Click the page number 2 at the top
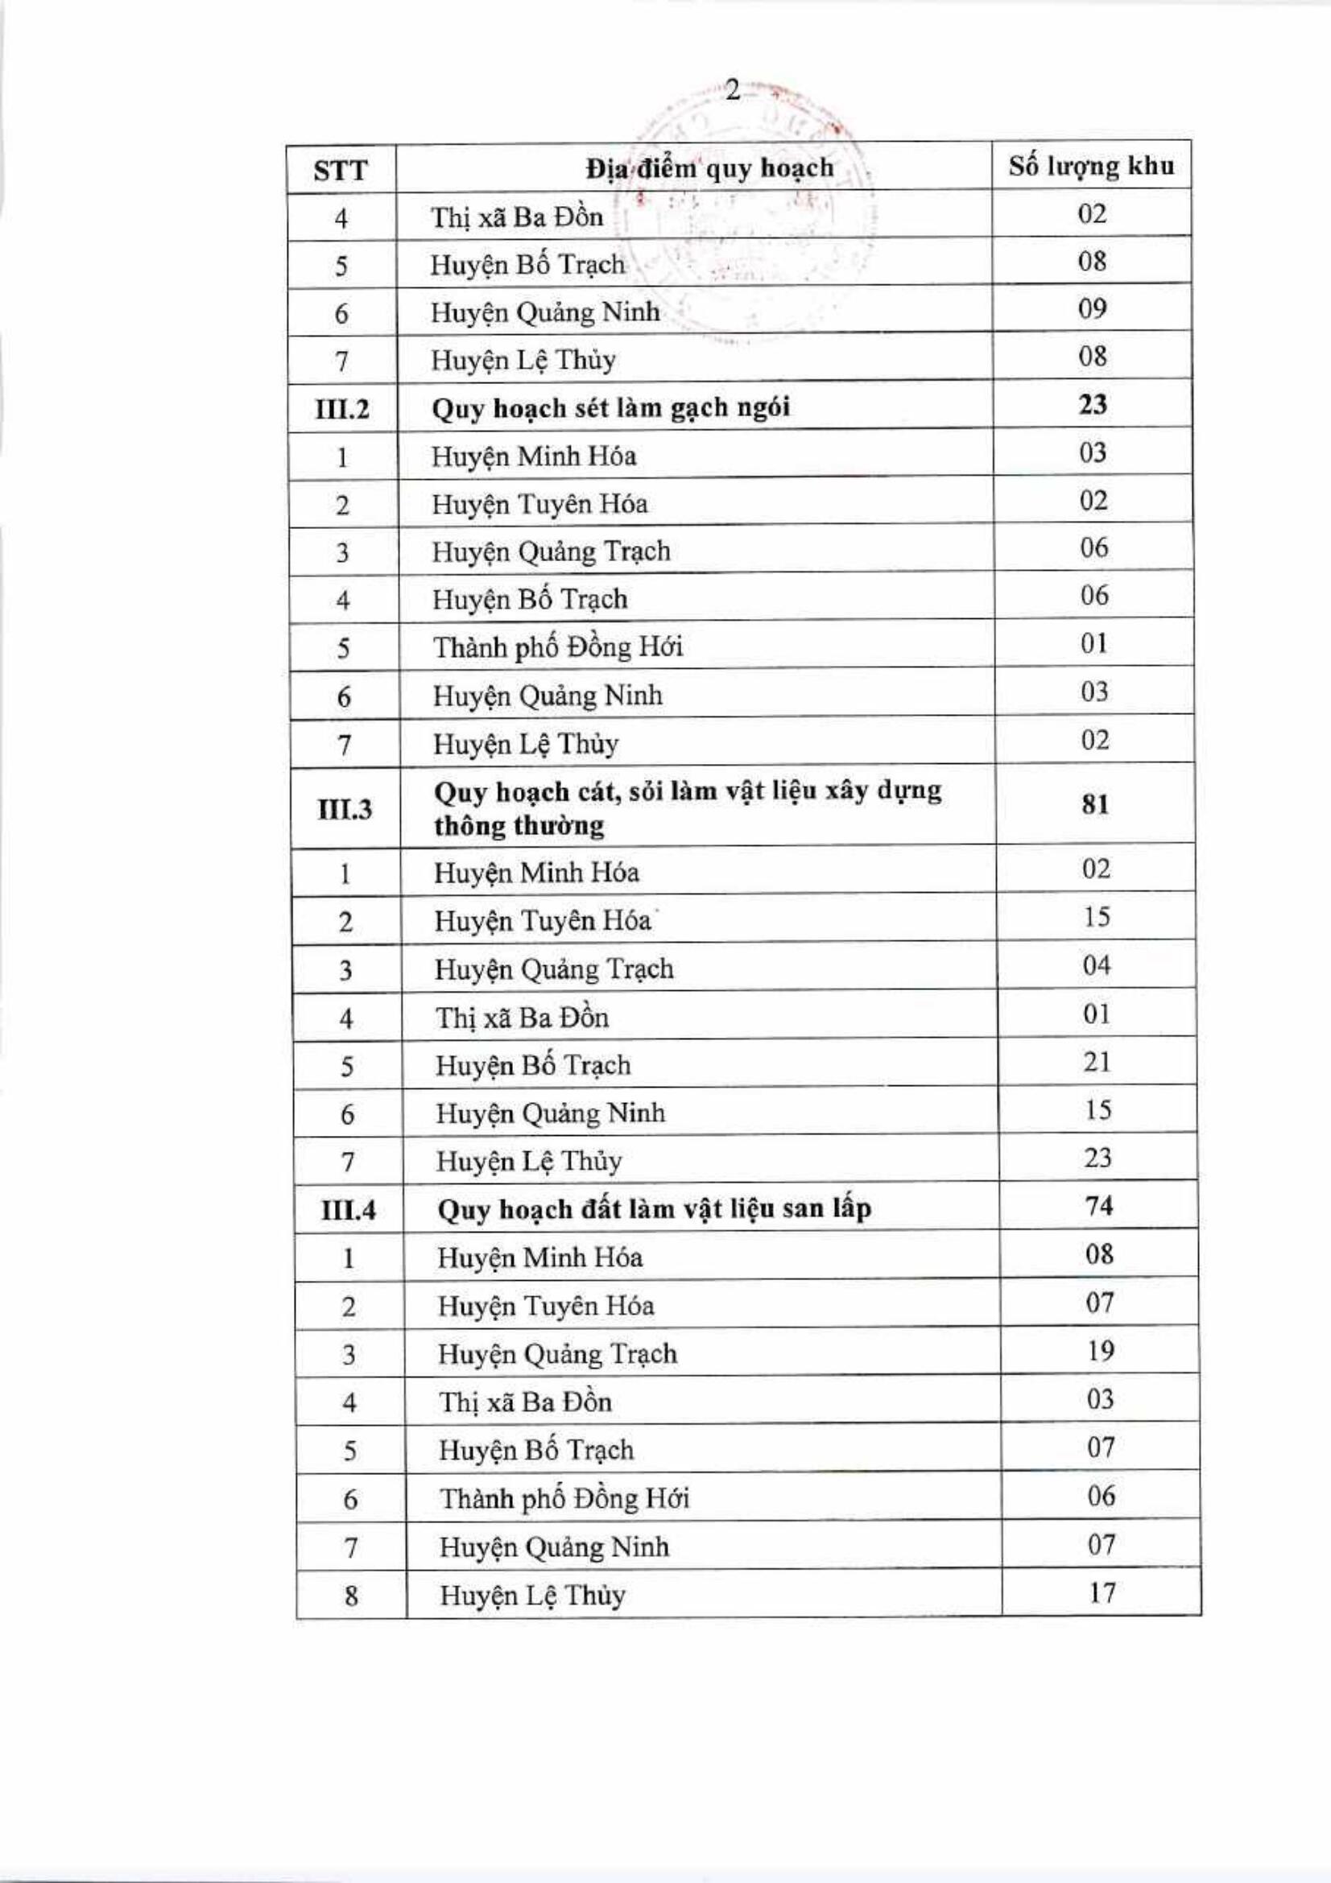[733, 91]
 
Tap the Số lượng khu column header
[1092, 167]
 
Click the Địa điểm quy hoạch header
[709, 169]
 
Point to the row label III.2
[342, 407]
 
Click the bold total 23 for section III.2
[1093, 404]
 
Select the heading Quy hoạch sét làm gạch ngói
[611, 407]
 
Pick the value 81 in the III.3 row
[1096, 803]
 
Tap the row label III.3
[345, 809]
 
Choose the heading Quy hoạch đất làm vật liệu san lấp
[654, 1209]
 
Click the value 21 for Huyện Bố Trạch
[1097, 1062]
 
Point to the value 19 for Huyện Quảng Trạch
[1099, 1351]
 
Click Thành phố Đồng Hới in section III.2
[558, 648]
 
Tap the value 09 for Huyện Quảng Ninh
[1093, 309]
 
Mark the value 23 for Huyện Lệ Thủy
[1097, 1158]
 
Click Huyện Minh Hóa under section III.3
[536, 873]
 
